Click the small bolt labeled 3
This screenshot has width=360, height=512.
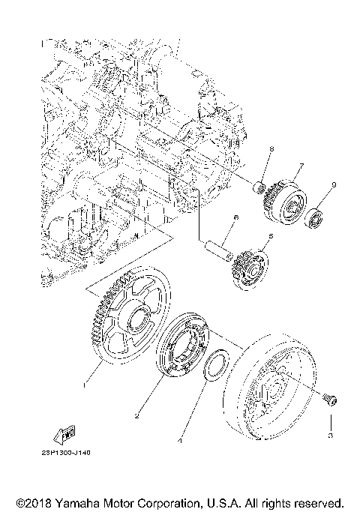[x=328, y=402]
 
